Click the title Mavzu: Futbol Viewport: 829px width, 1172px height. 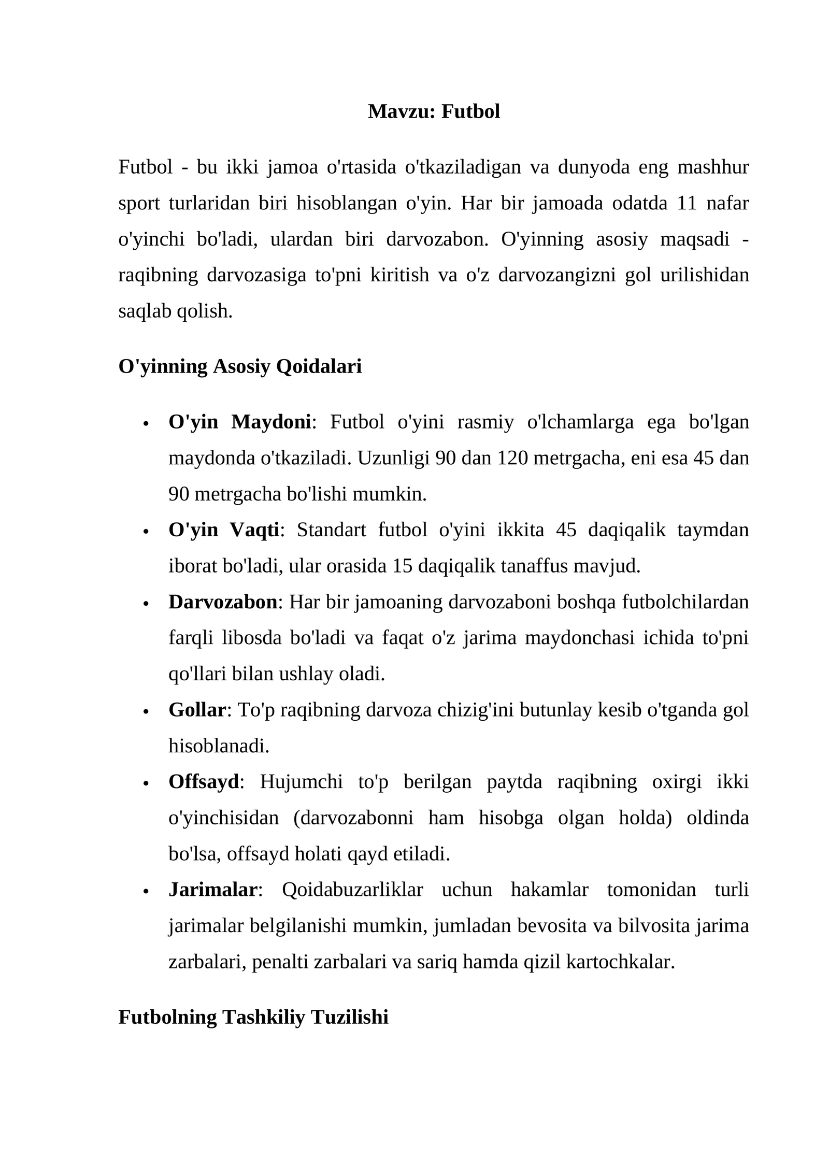(x=434, y=111)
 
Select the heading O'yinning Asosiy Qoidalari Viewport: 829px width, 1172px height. (x=240, y=366)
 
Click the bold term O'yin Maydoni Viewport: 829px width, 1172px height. (x=239, y=422)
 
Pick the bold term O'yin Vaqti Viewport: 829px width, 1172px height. (x=224, y=530)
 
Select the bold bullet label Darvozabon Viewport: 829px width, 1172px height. (x=223, y=602)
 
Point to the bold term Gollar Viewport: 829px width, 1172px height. (x=197, y=710)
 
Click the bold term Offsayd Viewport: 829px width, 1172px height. (x=204, y=782)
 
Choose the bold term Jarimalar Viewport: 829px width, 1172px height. (x=212, y=890)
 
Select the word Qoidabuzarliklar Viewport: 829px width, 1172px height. (x=352, y=890)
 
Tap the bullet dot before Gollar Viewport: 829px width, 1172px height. (x=146, y=711)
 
